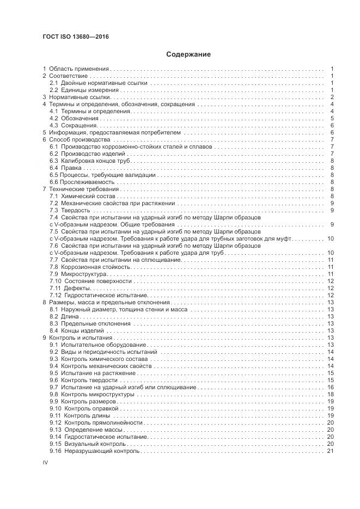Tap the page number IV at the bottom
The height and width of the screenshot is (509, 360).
[x=46, y=462]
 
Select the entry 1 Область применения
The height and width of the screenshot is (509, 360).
[x=77, y=69]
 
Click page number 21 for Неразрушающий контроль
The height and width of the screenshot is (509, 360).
[x=330, y=451]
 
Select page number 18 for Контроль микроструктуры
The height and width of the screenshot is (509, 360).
[x=330, y=394]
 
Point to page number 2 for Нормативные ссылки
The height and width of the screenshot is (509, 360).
[x=332, y=97]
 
